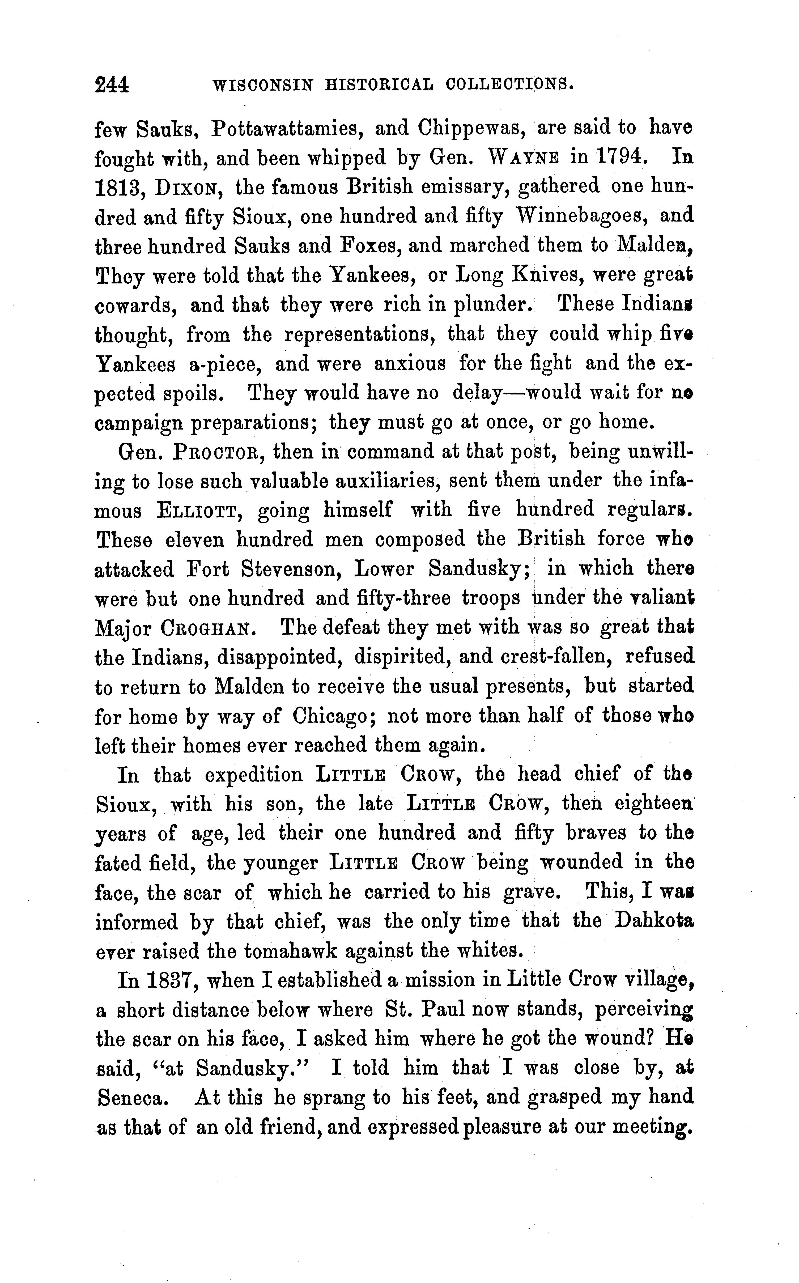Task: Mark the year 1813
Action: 117,188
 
